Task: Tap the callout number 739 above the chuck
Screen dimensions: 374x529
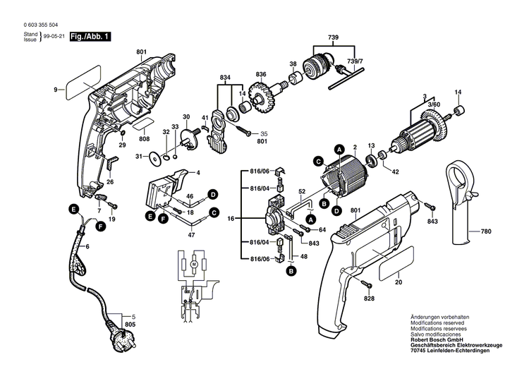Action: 332,37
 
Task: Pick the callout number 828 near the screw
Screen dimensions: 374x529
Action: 370,299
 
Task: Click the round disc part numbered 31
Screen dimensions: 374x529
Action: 154,157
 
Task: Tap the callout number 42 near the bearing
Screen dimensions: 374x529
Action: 396,171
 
